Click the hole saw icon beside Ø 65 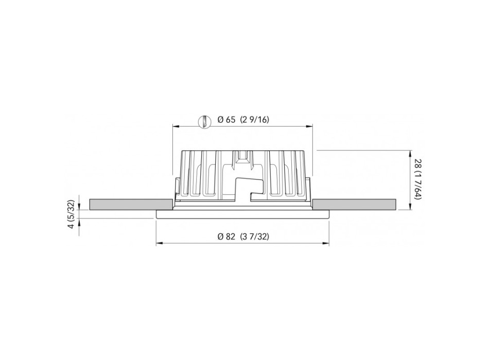[x=204, y=121]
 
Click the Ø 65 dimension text [x=226, y=120]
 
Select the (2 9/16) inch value [x=254, y=120]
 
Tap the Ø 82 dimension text [x=226, y=237]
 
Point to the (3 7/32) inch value [x=254, y=237]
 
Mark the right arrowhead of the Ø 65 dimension [x=309, y=126]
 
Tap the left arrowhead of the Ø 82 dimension [x=160, y=243]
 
